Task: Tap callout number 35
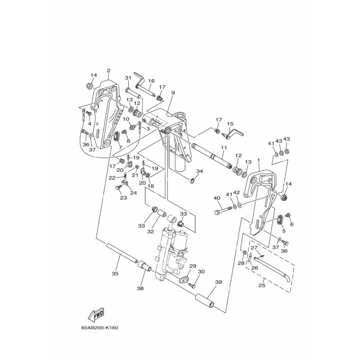pyautogui.click(x=115, y=273)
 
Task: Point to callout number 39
pyautogui.click(x=219, y=282)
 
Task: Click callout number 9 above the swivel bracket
pyautogui.click(x=173, y=93)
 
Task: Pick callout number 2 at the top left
pyautogui.click(x=108, y=70)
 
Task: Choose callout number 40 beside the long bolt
pyautogui.click(x=217, y=198)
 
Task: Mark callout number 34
pyautogui.click(x=199, y=171)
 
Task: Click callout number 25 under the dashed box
pyautogui.click(x=262, y=285)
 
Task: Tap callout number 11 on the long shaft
pyautogui.click(x=224, y=148)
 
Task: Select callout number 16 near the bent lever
pyautogui.click(x=151, y=81)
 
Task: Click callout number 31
pyautogui.click(x=128, y=78)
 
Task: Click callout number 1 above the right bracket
pyautogui.click(x=259, y=161)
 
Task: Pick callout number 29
pyautogui.click(x=193, y=266)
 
